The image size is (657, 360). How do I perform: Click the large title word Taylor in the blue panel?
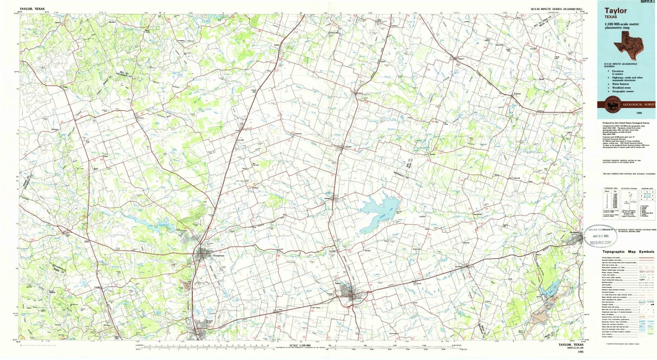click(x=615, y=11)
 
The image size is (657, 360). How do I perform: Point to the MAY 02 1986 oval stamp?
click(x=600, y=237)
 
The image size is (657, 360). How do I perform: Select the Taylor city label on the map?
click(x=338, y=283)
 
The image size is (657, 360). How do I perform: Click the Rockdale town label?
click(x=576, y=233)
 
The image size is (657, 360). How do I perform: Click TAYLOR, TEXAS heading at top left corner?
click(x=32, y=8)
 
